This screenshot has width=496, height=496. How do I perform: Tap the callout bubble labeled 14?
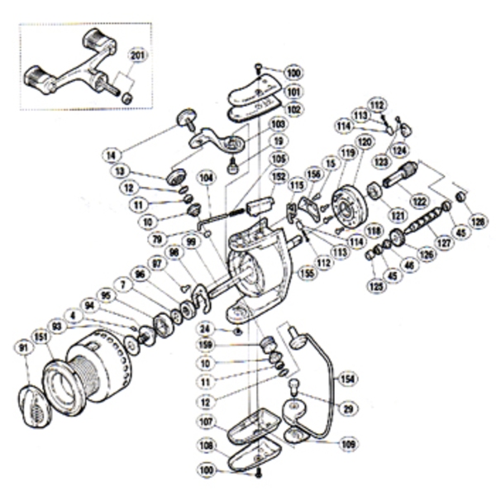point(113,154)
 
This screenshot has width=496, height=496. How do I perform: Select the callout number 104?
point(205,178)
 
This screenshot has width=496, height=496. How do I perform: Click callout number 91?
point(26,348)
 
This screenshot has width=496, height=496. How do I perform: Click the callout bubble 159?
point(207,346)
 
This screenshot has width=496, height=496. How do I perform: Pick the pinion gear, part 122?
point(400,176)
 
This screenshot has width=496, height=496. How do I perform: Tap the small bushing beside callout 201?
point(127,98)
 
